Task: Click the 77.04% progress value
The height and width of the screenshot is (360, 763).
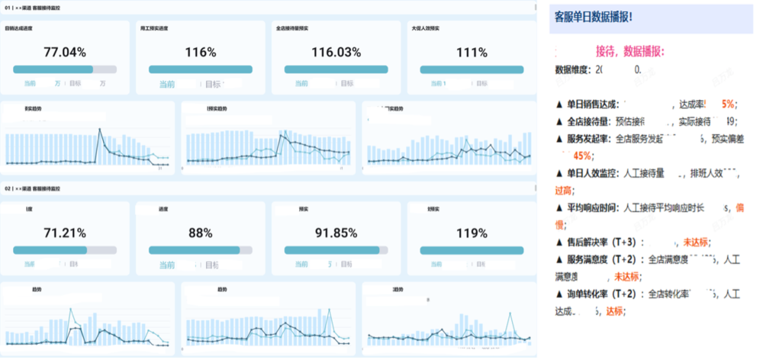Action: (65, 53)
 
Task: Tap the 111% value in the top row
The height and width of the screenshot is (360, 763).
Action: (472, 53)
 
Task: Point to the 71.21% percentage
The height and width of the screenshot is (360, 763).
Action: (65, 233)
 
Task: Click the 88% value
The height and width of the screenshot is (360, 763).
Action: (201, 233)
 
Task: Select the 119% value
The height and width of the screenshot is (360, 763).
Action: (472, 233)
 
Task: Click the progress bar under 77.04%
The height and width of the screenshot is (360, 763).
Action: (65, 69)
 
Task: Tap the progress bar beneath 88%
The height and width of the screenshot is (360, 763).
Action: (201, 249)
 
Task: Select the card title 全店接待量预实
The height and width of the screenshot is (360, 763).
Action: (295, 28)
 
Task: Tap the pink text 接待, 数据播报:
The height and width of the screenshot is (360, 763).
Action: (629, 51)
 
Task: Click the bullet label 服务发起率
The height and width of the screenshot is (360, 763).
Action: (588, 139)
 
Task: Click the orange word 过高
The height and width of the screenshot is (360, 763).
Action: (564, 190)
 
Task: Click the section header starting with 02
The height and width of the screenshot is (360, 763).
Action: (38, 188)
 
